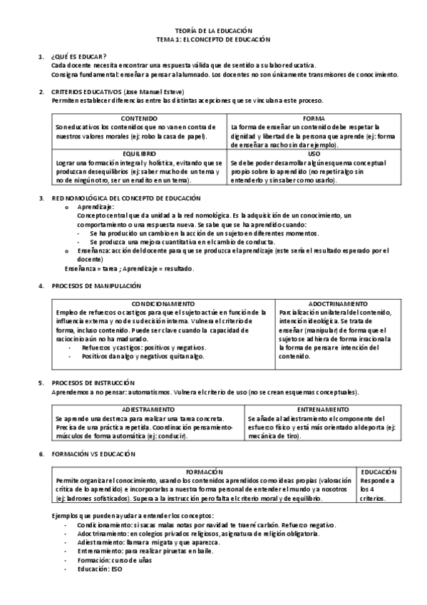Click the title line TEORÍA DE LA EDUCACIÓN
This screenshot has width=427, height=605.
tap(213, 31)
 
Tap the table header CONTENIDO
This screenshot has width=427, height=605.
tap(139, 118)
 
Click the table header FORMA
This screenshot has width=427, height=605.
tap(314, 118)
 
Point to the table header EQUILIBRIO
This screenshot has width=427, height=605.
tap(139, 153)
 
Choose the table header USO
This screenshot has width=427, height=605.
tap(314, 153)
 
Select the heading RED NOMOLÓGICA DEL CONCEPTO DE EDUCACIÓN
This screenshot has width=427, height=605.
tap(126, 197)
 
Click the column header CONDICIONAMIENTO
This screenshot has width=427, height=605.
tap(163, 304)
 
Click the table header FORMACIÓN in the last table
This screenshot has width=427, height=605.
tap(205, 472)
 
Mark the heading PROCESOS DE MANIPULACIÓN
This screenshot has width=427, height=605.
tap(97, 285)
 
